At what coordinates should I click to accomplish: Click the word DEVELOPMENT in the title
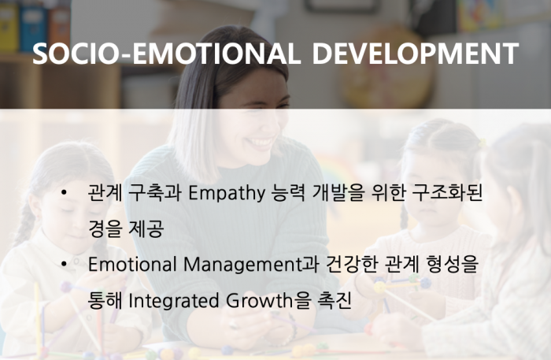click(415, 54)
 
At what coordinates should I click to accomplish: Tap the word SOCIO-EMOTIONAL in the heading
click(164, 54)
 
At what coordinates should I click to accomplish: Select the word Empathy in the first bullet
click(227, 193)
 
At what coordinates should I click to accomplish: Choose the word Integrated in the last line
click(174, 301)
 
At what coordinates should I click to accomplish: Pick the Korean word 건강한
click(352, 265)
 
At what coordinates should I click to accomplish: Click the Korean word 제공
click(146, 229)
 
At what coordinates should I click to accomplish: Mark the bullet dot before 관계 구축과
click(64, 193)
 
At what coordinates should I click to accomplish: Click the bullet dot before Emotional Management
click(64, 265)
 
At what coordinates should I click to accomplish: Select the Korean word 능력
click(288, 193)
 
